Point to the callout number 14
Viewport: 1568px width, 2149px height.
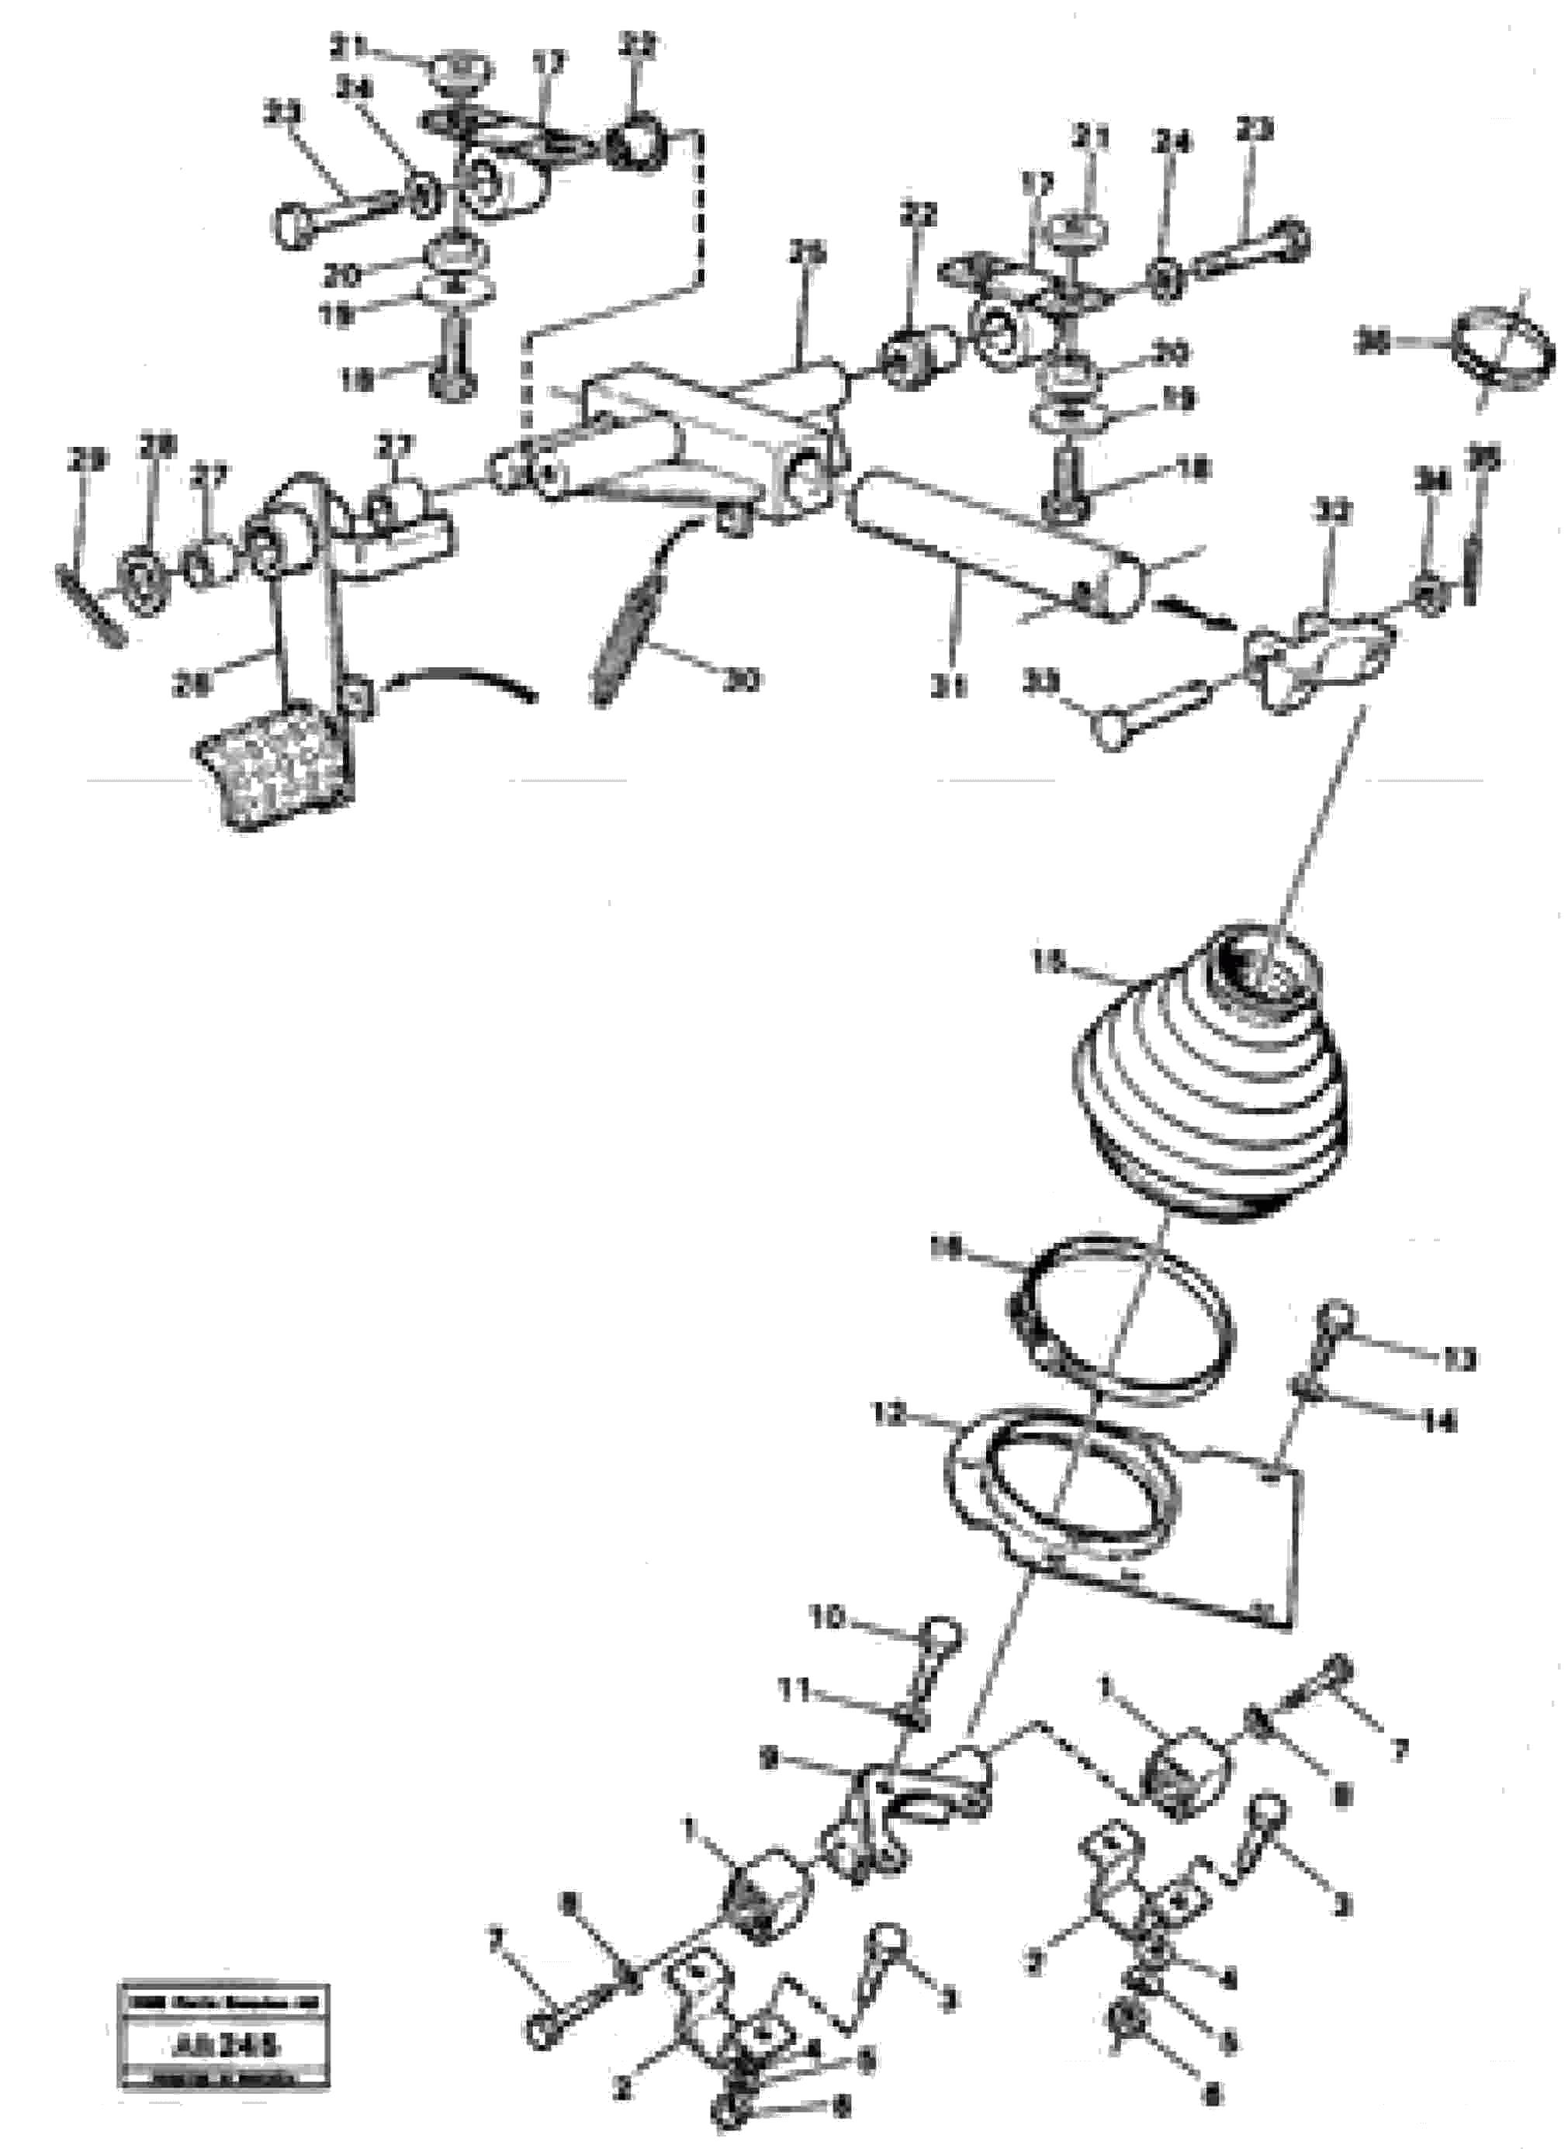(1441, 1422)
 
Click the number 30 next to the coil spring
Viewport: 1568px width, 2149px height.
(741, 680)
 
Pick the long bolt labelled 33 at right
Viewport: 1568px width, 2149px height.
(1153, 716)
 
